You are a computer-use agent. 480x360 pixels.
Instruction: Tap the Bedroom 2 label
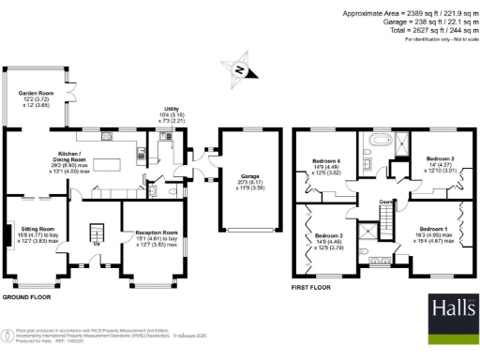pos(441,159)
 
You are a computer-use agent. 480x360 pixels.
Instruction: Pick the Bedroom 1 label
pos(432,229)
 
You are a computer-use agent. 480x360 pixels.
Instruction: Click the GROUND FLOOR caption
pos(26,296)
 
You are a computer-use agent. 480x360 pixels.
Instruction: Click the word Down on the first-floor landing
pos(385,202)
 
